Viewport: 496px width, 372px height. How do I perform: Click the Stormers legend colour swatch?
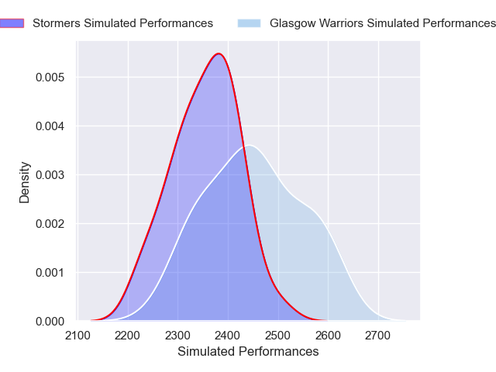pos(11,23)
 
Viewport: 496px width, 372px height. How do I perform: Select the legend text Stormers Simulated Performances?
pos(122,23)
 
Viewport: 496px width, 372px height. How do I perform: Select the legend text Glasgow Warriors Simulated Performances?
pos(382,23)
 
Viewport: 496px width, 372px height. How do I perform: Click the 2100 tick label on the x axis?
pos(78,336)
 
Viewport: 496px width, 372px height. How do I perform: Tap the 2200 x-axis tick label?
pos(128,336)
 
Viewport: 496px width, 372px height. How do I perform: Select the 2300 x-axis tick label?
pos(178,336)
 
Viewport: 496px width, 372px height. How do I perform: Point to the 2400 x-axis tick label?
pos(228,336)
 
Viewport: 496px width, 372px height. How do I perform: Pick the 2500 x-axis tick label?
pos(278,336)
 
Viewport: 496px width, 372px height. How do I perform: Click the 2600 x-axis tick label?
pos(328,336)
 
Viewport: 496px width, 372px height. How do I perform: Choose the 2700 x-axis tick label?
pos(378,336)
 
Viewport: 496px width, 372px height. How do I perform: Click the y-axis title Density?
pos(25,182)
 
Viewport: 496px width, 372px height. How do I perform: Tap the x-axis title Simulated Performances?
pos(248,352)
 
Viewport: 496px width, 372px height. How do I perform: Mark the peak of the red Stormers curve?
pos(219,53)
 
